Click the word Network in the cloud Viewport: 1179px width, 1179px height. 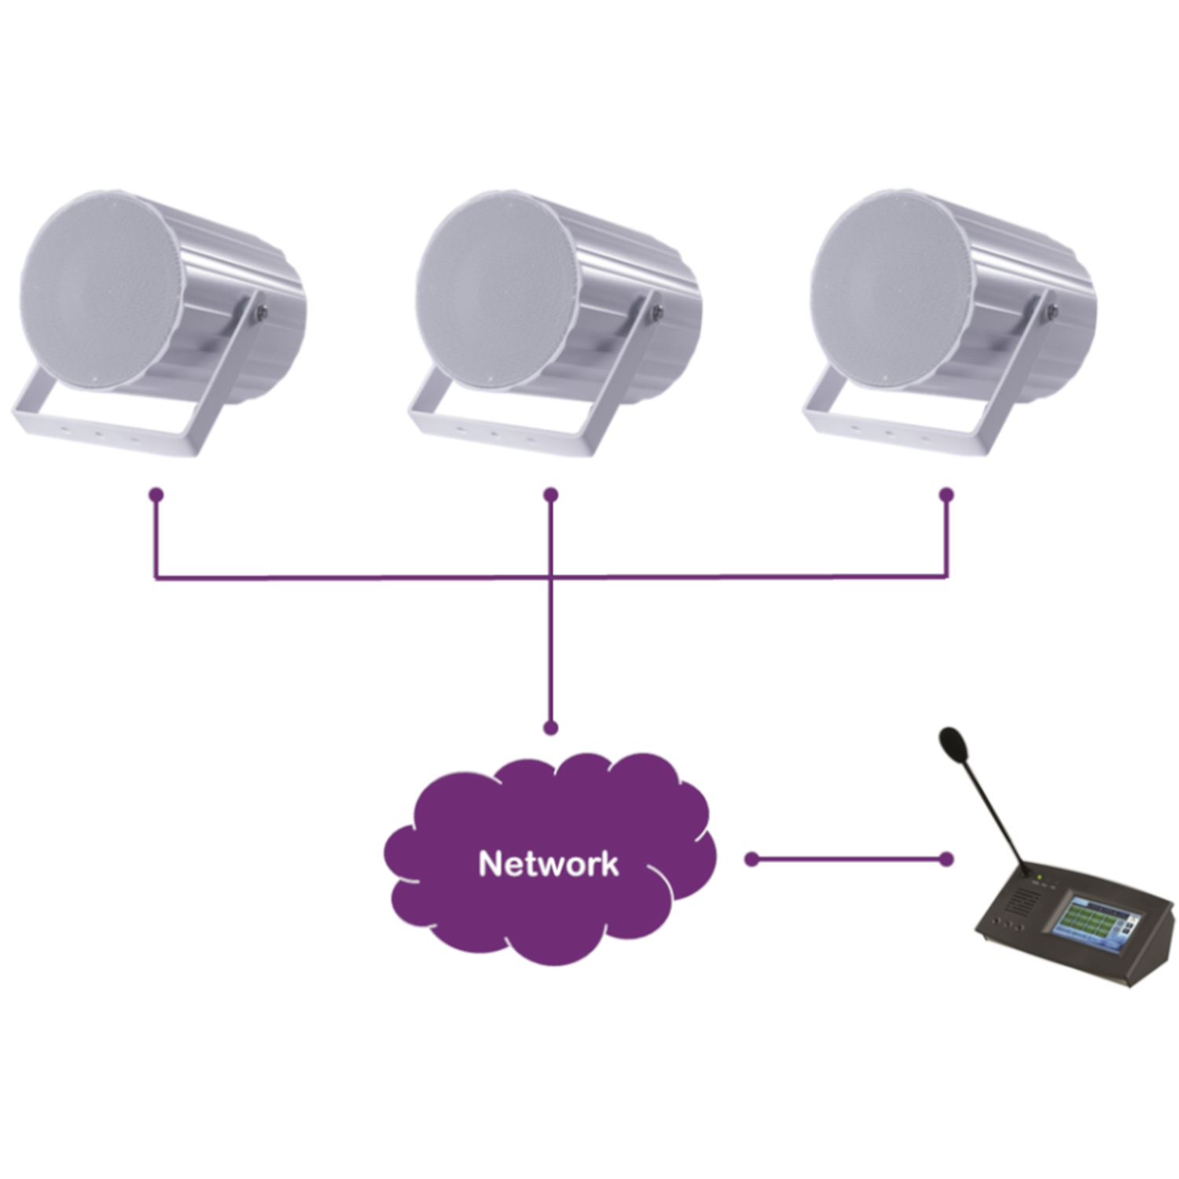coord(549,863)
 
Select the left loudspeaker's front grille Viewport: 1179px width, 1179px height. coord(101,291)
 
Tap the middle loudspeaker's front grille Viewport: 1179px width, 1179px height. coord(496,291)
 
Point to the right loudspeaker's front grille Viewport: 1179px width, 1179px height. coord(891,291)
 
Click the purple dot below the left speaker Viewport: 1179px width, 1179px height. coord(156,495)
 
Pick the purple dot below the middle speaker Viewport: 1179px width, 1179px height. coord(551,495)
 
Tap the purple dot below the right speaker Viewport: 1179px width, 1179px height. coord(946,495)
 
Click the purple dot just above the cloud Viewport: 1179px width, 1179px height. coord(551,728)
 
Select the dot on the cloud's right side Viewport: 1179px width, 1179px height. coord(751,860)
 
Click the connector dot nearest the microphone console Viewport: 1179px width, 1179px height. coord(946,860)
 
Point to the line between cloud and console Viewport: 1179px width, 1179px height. coord(849,860)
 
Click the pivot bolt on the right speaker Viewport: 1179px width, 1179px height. coord(1051,312)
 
